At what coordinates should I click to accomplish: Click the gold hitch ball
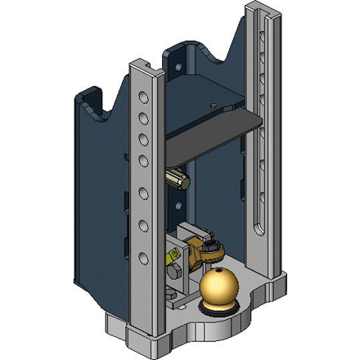click(218, 288)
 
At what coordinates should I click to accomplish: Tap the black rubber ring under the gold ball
click(218, 309)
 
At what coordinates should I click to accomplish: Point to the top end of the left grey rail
click(141, 64)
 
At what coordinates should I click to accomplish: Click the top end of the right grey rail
click(259, 10)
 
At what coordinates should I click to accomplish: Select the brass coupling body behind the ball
click(198, 249)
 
